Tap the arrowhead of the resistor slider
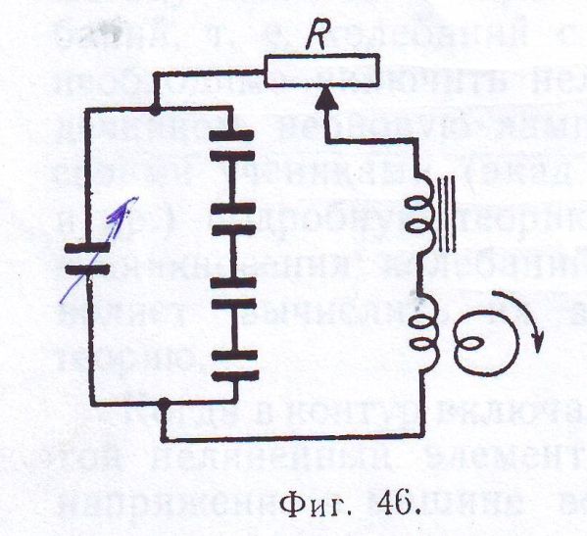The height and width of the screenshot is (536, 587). pos(326,98)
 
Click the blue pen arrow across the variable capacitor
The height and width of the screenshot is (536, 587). pos(99,250)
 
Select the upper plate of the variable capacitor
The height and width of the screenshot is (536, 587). pos(87,247)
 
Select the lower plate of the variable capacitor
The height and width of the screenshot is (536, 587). pos(87,269)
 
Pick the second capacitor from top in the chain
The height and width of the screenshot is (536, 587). pos(233,219)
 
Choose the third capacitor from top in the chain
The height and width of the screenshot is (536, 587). pos(233,293)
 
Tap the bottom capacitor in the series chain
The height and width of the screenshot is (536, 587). pos(235,365)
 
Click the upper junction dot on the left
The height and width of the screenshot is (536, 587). pos(154,110)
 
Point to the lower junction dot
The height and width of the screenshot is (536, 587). pos(163,404)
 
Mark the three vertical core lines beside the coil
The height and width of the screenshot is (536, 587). pos(447,214)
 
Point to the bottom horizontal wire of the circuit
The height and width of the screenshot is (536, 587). pos(294,436)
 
